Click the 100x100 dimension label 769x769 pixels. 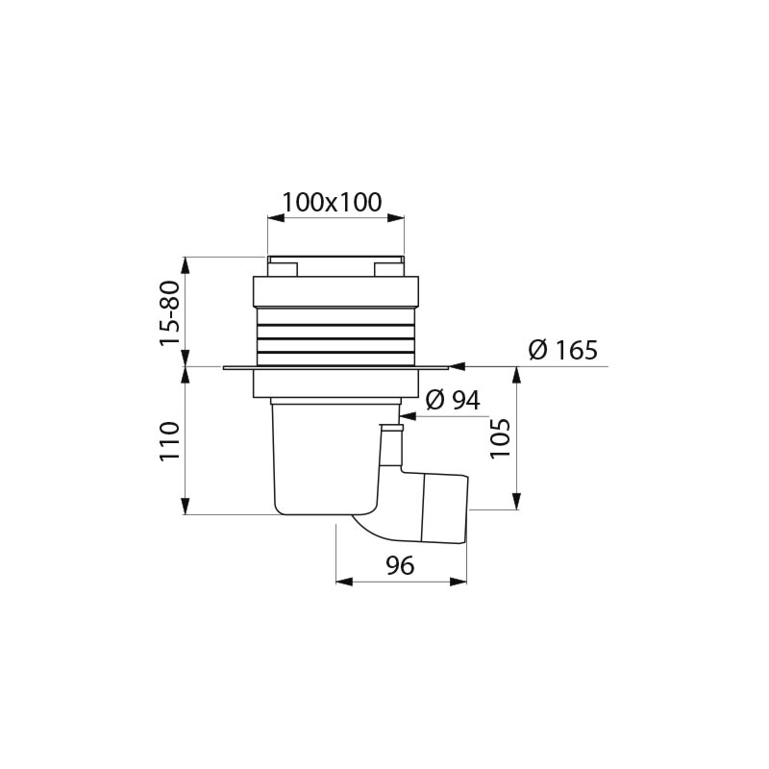coord(332,202)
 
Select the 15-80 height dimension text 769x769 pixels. coord(170,313)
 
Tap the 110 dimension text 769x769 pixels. coord(170,440)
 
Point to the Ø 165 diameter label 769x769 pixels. coord(563,350)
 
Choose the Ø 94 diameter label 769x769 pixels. coord(453,400)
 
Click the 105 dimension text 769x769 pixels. coord(500,438)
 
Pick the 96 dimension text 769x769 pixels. coord(400,565)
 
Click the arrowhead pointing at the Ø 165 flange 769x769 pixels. coord(457,366)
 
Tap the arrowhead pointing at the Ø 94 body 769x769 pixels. coord(408,417)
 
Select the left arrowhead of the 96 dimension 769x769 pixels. coord(344,582)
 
